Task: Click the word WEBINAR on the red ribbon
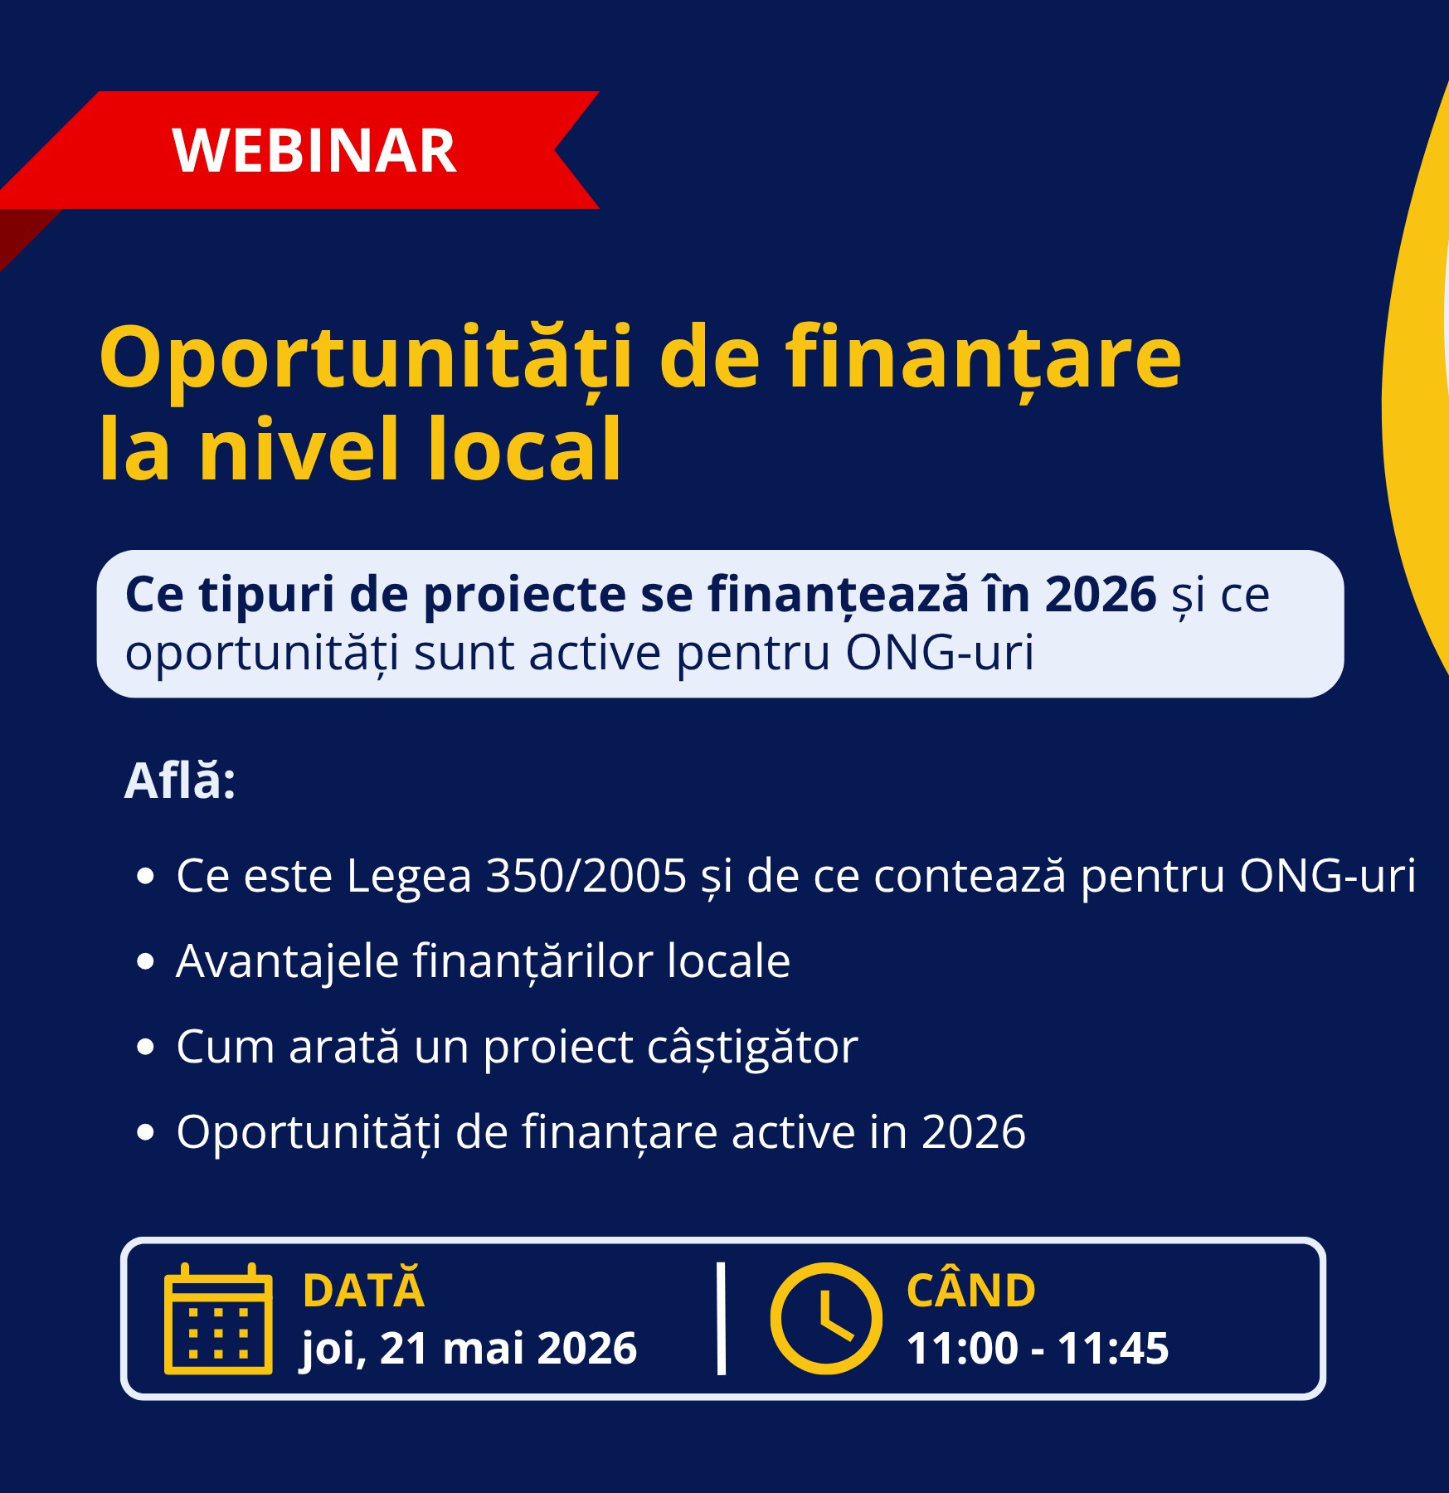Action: tap(314, 151)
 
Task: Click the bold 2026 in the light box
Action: tap(1100, 595)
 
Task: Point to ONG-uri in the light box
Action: tap(940, 653)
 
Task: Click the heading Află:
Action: tap(180, 781)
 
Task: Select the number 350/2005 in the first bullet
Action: tap(586, 876)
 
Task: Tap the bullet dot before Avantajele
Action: tap(145, 961)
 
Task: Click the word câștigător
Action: tap(752, 1048)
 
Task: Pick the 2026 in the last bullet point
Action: tap(974, 1132)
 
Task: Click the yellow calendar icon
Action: tap(218, 1319)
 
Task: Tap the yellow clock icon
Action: tap(826, 1319)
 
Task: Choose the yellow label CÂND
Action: tap(971, 1288)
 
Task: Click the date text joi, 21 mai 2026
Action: tap(469, 1349)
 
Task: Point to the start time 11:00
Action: tap(962, 1349)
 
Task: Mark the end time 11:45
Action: tap(1114, 1349)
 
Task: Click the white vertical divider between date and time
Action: tap(721, 1319)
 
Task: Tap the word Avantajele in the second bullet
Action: tap(288, 962)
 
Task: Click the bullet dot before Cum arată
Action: tap(145, 1048)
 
